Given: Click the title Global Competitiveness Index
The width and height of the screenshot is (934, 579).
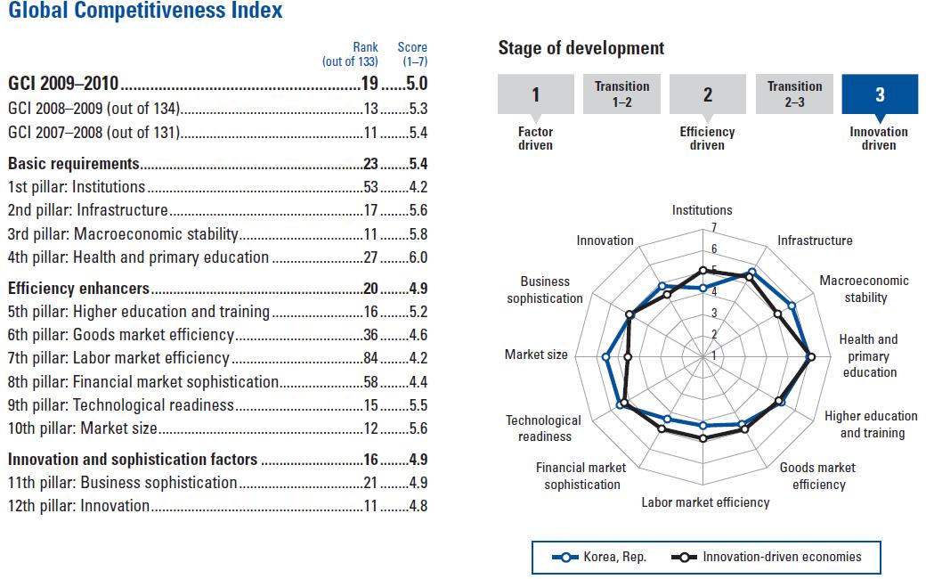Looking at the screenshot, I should click(145, 12).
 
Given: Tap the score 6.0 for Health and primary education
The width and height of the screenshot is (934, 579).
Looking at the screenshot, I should click(418, 257).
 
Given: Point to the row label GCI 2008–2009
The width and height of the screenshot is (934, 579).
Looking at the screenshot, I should click(93, 110).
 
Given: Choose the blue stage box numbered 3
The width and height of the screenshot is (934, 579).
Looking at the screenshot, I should click(880, 94).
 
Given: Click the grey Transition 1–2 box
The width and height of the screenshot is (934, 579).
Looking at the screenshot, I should click(621, 94).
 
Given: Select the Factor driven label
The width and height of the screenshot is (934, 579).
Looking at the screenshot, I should click(535, 139).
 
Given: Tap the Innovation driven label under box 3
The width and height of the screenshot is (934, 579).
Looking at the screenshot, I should click(879, 139).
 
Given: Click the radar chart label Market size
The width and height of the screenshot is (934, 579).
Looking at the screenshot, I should click(536, 355).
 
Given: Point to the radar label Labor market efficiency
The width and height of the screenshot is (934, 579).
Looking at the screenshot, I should click(705, 502).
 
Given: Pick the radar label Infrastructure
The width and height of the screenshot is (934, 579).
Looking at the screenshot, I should click(815, 241).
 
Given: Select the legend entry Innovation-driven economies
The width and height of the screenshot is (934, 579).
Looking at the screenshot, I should click(770, 558).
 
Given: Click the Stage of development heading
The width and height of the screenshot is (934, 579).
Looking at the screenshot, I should click(581, 48).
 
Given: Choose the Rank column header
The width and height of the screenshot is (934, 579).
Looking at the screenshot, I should click(365, 47).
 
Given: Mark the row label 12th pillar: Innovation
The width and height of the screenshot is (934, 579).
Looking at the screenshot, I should click(78, 506).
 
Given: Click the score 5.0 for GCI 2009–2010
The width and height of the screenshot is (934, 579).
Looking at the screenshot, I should click(418, 86).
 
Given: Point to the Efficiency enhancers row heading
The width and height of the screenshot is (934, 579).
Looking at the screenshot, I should click(78, 289).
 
